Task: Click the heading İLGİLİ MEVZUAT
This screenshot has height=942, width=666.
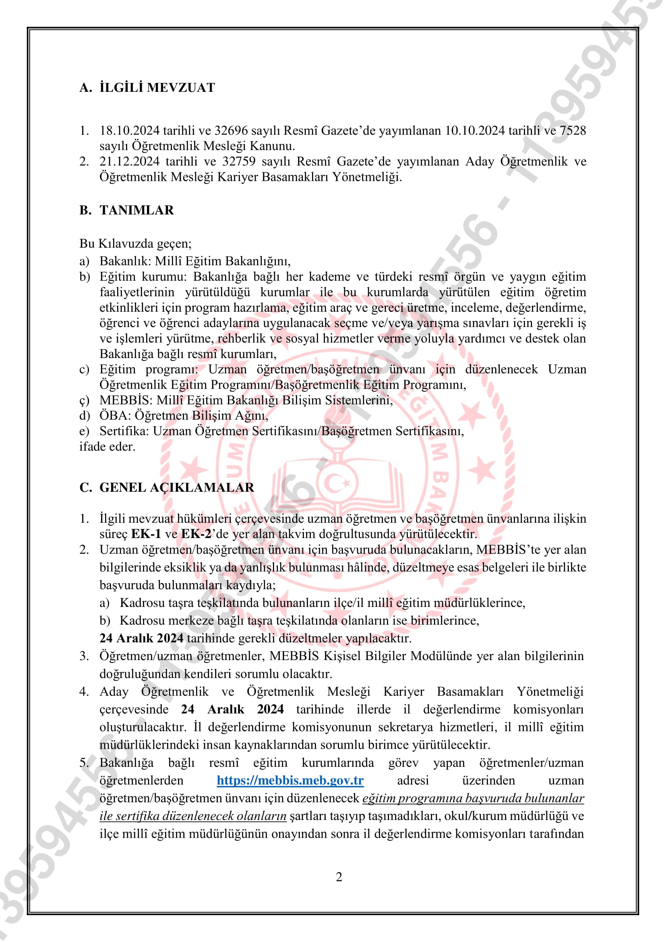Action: [x=157, y=87]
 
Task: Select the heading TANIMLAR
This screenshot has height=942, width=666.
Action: [x=137, y=210]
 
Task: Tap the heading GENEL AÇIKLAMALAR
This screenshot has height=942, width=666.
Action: [x=177, y=487]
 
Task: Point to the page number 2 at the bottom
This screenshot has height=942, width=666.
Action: [x=339, y=877]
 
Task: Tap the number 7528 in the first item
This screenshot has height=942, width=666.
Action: [x=573, y=130]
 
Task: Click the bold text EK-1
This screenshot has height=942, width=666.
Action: [x=146, y=534]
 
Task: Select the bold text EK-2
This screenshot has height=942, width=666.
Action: [x=196, y=534]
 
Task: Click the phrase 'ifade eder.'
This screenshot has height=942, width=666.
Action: [x=107, y=446]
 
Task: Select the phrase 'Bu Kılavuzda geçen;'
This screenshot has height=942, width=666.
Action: [x=135, y=244]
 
